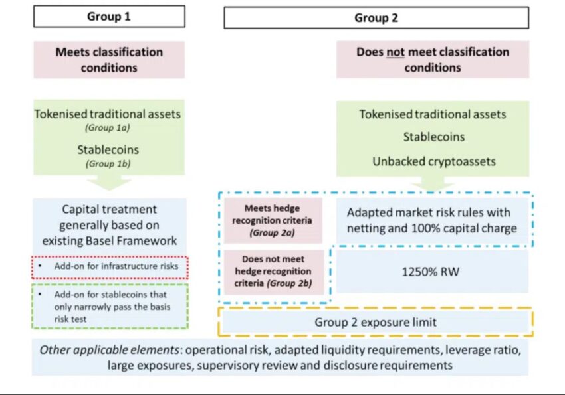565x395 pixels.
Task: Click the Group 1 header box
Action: pyautogui.click(x=109, y=16)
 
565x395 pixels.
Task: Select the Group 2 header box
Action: pyautogui.click(x=376, y=18)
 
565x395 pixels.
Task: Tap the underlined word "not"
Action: pyautogui.click(x=395, y=52)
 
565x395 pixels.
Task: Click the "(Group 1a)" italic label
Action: pyautogui.click(x=108, y=127)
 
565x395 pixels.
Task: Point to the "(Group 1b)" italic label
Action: pyautogui.click(x=108, y=164)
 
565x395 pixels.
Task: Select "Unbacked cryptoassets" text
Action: pyautogui.click(x=434, y=161)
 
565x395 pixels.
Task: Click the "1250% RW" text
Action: pyautogui.click(x=431, y=272)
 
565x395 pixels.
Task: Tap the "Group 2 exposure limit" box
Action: pyautogui.click(x=376, y=322)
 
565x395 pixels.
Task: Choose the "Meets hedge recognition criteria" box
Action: pyautogui.click(x=273, y=220)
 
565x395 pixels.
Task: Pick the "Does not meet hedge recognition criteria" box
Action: pyautogui.click(x=273, y=272)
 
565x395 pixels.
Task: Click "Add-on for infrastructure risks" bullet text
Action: pyautogui.click(x=116, y=266)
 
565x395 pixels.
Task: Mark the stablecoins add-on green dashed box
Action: pyautogui.click(x=110, y=306)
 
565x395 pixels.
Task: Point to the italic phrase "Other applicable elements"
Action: pyautogui.click(x=109, y=350)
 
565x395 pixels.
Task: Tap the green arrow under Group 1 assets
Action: pyautogui.click(x=109, y=182)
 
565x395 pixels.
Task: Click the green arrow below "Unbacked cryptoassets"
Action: pyautogui.click(x=433, y=183)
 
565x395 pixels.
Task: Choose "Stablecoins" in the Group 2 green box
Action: pyautogui.click(x=434, y=137)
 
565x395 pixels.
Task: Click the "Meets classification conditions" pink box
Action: pyautogui.click(x=109, y=60)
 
